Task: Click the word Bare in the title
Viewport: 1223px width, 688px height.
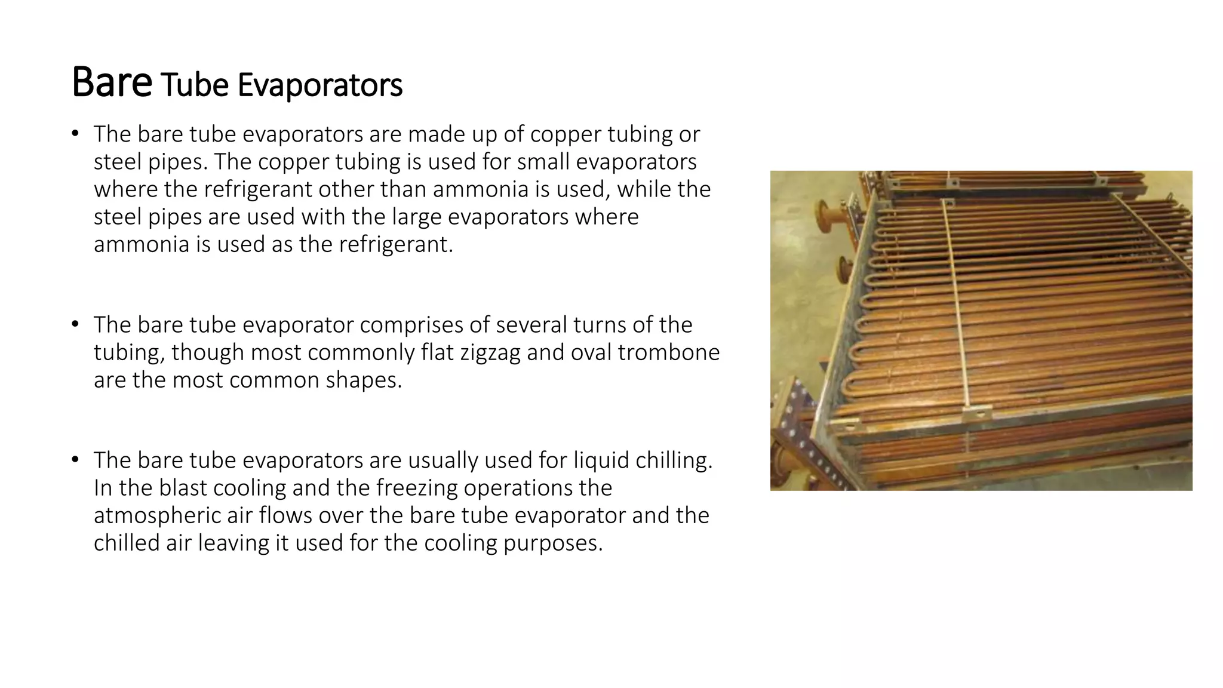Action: pyautogui.click(x=112, y=82)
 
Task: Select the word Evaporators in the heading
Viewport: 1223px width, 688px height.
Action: pyautogui.click(x=320, y=85)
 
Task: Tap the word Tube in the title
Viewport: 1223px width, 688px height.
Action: pyautogui.click(x=195, y=85)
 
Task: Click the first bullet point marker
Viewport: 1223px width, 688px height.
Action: pyautogui.click(x=75, y=133)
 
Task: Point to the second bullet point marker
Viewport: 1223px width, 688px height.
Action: pyautogui.click(x=75, y=324)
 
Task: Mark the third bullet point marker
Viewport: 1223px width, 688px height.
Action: pyautogui.click(x=75, y=459)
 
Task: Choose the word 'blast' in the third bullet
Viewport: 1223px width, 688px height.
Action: pyautogui.click(x=182, y=488)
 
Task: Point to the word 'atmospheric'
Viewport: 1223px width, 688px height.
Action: pyautogui.click(x=156, y=515)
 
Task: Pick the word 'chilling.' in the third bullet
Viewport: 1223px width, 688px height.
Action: pyautogui.click(x=674, y=460)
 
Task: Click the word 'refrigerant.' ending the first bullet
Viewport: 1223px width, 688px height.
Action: pyautogui.click(x=396, y=244)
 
